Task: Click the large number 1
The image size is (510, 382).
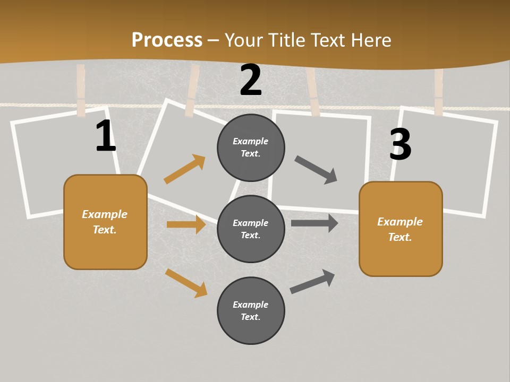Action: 106,136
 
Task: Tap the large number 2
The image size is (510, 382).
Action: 251,80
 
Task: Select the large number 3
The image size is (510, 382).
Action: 400,144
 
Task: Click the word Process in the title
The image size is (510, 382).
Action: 167,40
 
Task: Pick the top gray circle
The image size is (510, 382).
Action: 251,147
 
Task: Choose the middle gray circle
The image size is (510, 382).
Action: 251,229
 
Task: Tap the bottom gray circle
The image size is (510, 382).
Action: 251,310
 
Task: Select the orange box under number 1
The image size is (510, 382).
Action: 105,222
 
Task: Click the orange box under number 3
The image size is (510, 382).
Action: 401,229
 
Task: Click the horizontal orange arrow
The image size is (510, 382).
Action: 186,224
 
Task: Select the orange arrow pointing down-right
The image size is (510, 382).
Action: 186,283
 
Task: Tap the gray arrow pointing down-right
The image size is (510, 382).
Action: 316,170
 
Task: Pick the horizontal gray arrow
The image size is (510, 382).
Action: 314,223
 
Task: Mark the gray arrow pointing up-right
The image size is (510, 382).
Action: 312,281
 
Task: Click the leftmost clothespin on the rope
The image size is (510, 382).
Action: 81,90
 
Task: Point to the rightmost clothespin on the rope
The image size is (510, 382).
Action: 438,92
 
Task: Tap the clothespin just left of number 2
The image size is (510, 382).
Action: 192,91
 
